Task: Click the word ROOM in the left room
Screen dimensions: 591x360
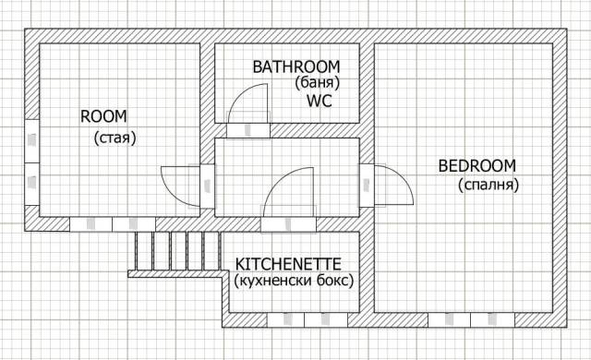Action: [103, 116]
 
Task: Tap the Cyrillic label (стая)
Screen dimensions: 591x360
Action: [115, 138]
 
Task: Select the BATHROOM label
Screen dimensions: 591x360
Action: [296, 67]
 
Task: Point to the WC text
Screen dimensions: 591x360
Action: [320, 101]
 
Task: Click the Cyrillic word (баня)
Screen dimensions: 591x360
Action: [318, 82]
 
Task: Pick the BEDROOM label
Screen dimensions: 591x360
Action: [476, 166]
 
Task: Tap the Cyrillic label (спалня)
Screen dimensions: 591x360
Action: [488, 185]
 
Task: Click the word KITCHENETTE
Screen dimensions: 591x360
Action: [288, 264]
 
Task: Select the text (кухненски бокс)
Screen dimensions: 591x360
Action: [294, 281]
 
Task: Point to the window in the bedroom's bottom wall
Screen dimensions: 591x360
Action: [471, 320]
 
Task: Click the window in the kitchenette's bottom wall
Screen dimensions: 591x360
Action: [308, 320]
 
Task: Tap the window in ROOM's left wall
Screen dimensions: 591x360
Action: [32, 162]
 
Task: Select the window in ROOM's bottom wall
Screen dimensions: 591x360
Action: [113, 224]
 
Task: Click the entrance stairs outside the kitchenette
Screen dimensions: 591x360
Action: [177, 251]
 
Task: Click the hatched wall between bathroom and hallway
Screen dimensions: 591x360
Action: [315, 131]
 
